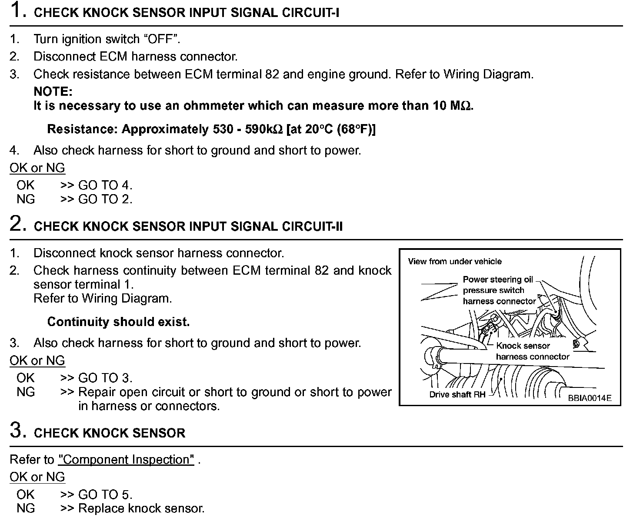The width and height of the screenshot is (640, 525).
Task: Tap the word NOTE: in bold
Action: pos(53,91)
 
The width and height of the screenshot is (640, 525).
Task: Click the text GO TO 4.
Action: pos(105,185)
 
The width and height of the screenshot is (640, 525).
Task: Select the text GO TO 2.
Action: pos(105,199)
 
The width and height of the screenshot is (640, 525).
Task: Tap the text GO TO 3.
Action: pos(105,378)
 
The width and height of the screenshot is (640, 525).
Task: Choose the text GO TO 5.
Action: pos(105,495)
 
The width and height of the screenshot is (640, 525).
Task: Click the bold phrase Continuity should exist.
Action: pos(118,322)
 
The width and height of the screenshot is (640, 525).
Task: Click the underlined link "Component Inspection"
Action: pos(126,460)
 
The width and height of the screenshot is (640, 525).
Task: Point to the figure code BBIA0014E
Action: pos(589,398)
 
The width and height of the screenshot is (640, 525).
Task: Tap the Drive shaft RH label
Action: pos(457,395)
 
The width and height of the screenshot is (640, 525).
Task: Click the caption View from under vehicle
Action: pos(454,261)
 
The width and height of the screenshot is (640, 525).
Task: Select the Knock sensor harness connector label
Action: pos(532,351)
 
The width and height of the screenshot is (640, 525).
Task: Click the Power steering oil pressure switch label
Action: pos(499,290)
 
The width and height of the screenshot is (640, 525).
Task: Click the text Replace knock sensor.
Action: pos(141,508)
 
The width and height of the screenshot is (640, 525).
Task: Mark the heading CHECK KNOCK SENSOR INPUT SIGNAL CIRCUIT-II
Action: pos(188,226)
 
